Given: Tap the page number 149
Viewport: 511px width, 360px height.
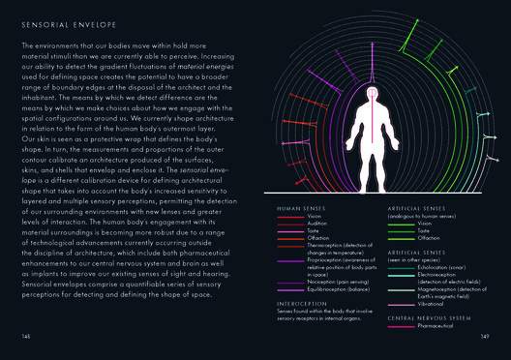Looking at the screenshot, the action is (x=486, y=336).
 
